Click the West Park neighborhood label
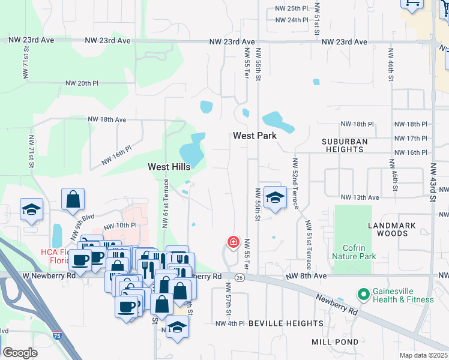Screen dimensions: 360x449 coord(255,136)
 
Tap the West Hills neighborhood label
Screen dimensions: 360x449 coord(169,167)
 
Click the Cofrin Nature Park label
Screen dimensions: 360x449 coord(359,252)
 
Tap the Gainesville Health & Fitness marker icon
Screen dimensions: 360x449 coord(363,295)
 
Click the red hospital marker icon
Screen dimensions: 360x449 coord(232,243)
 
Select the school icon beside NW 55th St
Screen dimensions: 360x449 coord(274,197)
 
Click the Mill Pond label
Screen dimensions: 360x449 coord(335,342)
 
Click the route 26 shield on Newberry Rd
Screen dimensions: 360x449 coord(240,277)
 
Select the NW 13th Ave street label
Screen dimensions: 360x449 coord(360,197)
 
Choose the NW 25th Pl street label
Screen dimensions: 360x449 coord(292,8)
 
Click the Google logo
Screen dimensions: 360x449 coord(20,353)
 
